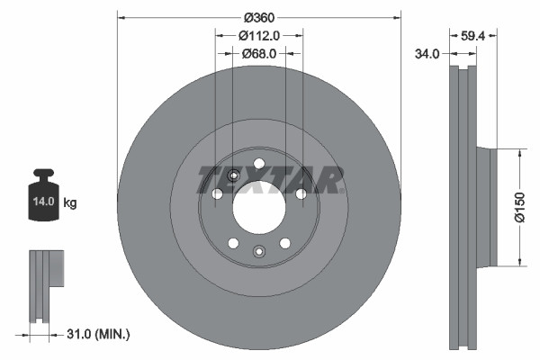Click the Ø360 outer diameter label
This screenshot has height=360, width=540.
tap(258, 19)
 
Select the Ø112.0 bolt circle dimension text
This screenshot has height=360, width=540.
tap(259, 36)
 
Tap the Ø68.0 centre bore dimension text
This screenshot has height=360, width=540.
tap(259, 54)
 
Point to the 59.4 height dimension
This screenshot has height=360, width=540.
tap(473, 37)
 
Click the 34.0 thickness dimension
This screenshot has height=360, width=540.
tap(427, 54)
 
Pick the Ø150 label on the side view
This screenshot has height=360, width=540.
tap(520, 208)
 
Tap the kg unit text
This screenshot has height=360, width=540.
tap(70, 203)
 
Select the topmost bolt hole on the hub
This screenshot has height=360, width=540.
tap(259, 163)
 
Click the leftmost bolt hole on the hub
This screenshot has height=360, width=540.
tap(217, 193)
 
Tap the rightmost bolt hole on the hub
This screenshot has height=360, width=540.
tap(301, 193)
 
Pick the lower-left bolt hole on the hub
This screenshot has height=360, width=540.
tap(233, 243)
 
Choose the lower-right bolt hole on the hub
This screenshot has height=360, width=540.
tap(285, 243)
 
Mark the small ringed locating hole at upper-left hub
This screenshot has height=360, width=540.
tap(232, 175)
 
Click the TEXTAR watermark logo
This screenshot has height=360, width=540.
tap(270, 180)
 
